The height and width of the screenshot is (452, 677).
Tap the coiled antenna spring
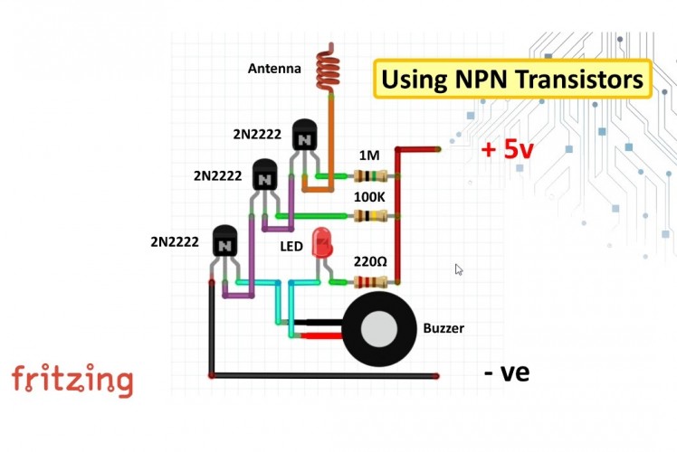pyautogui.click(x=325, y=71)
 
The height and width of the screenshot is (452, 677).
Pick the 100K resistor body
pyautogui.click(x=372, y=216)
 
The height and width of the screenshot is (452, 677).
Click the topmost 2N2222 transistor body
pyautogui.click(x=305, y=137)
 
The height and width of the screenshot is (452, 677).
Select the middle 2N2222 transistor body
pyautogui.click(x=264, y=176)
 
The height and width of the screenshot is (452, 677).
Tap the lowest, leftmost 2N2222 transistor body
pyautogui.click(x=224, y=242)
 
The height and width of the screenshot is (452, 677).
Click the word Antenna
pyautogui.click(x=274, y=68)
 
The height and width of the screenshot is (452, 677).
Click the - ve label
pyautogui.click(x=506, y=372)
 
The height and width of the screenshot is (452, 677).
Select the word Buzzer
pyautogui.click(x=443, y=328)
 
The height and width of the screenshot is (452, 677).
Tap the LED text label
pyautogui.click(x=291, y=244)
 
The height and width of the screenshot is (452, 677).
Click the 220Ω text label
pyautogui.click(x=369, y=261)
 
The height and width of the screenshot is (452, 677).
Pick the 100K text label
pyautogui.click(x=369, y=196)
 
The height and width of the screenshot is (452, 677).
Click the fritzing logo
pyautogui.click(x=72, y=380)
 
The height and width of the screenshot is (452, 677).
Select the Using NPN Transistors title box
pyautogui.click(x=512, y=79)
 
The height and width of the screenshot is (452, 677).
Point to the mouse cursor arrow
pyautogui.click(x=458, y=268)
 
